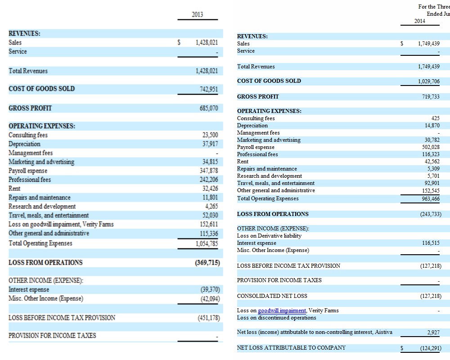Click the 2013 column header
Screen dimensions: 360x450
coord(197,14)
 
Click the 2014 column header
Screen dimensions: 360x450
coord(419,21)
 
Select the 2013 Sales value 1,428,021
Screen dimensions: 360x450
coord(207,43)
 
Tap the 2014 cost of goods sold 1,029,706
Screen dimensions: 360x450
coord(429,81)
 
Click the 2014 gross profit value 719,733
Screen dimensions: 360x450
coord(431,97)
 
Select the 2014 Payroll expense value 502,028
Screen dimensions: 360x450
coord(431,147)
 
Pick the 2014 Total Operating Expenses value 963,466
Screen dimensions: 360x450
coord(431,198)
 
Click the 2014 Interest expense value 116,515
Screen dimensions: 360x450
coord(431,243)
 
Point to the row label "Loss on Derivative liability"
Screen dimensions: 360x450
coord(269,236)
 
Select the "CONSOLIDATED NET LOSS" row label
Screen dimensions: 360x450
coord(272,296)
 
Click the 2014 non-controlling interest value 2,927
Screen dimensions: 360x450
coord(433,333)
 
